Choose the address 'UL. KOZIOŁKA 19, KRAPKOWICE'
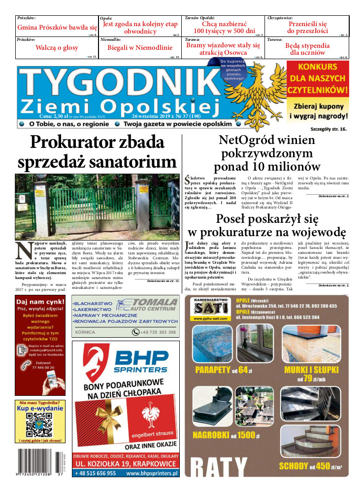click(x=125, y=464)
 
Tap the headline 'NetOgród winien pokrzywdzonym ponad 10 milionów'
click(x=266, y=153)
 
